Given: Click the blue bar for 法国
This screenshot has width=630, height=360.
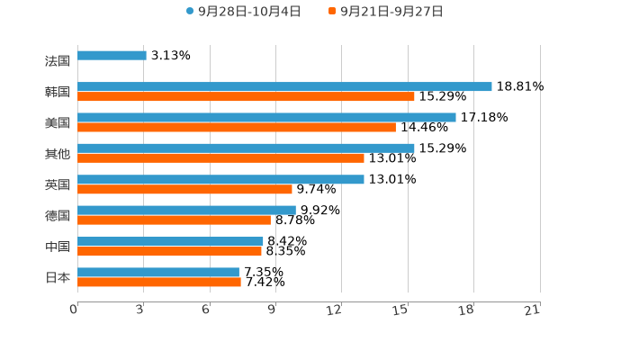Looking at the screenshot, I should coord(112,56).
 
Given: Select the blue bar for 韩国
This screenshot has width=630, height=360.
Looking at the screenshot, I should coord(284,86).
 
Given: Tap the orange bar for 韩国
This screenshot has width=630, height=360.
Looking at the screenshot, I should coord(246,96).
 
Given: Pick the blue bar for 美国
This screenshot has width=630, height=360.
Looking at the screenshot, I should coord(266,117).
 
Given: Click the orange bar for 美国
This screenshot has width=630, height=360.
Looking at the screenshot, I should coord(237,127).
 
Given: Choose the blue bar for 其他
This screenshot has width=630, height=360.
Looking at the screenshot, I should coord(246,148).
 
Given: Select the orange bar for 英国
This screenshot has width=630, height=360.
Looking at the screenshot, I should coord(184,189).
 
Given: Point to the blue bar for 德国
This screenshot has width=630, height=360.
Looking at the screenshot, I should coord(186,211).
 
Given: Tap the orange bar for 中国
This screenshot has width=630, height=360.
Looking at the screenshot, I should coord(169,251).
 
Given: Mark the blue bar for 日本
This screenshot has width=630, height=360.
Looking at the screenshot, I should coord(158,272).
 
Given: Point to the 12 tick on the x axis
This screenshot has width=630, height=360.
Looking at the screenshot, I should coord(335,310).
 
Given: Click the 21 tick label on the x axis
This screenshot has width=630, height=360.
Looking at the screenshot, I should coord(533,310).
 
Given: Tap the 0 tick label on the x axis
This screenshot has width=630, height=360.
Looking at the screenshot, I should coord(74,310).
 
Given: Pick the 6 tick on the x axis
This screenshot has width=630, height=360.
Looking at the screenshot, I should coord(206,310).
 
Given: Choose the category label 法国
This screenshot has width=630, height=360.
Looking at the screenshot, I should coord(58,61).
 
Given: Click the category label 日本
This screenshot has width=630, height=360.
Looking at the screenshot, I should coord(58,277).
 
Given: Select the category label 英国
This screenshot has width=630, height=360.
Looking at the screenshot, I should coord(58,184).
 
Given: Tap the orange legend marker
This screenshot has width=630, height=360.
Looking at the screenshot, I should coord(332,12).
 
